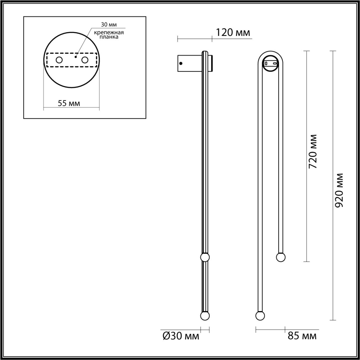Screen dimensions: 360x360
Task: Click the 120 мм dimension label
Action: coord(233,33)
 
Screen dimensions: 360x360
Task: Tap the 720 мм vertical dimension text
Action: coord(313,151)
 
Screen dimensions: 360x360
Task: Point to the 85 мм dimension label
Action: coord(302,336)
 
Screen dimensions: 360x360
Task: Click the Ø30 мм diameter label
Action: coord(181,336)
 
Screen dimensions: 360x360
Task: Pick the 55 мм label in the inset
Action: coord(69,103)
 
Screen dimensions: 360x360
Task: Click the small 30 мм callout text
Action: coord(109,25)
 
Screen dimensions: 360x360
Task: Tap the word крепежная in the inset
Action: coord(109,32)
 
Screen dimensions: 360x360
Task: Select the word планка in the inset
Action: coord(109,37)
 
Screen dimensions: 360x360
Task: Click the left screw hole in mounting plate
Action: coord(59,60)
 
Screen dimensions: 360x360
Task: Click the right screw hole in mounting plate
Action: coord(85,60)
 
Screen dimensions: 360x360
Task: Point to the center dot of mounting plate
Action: coord(75,57)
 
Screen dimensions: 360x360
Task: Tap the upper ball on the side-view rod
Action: coord(205,257)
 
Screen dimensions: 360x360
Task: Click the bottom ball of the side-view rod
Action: coord(205,316)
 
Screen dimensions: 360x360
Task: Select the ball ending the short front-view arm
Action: coord(281,257)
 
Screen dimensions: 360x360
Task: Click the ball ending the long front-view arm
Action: coord(260,316)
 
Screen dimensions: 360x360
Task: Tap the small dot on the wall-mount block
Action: coord(181,63)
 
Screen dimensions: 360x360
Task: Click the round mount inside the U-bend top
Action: coord(271,63)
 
